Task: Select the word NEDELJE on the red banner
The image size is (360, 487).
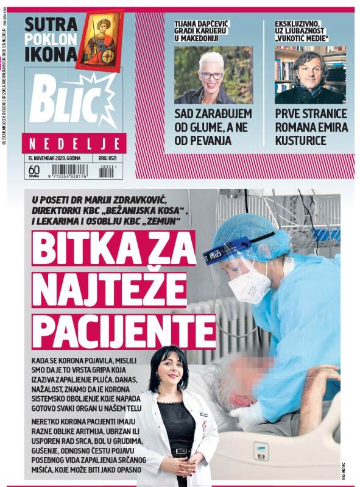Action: [x=74, y=144]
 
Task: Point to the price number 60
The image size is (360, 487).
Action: [x=34, y=169]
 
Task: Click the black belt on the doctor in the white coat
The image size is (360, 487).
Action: [x=180, y=452]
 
